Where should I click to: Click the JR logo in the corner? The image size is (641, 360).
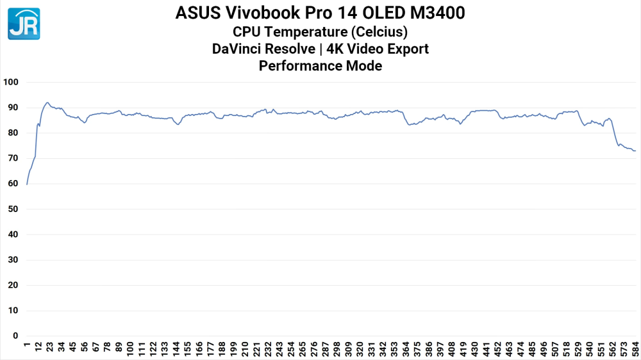pyautogui.click(x=24, y=24)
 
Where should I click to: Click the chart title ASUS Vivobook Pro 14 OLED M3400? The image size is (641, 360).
pyautogui.click(x=320, y=13)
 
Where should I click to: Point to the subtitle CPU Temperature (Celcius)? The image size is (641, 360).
pyautogui.click(x=320, y=31)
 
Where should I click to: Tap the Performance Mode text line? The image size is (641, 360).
pyautogui.click(x=320, y=65)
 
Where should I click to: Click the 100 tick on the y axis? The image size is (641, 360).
pyautogui.click(x=12, y=83)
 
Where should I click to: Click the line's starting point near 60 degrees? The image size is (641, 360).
pyautogui.click(x=27, y=184)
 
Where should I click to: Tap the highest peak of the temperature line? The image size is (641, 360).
pyautogui.click(x=47, y=102)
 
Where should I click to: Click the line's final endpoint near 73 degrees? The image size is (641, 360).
pyautogui.click(x=635, y=151)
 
